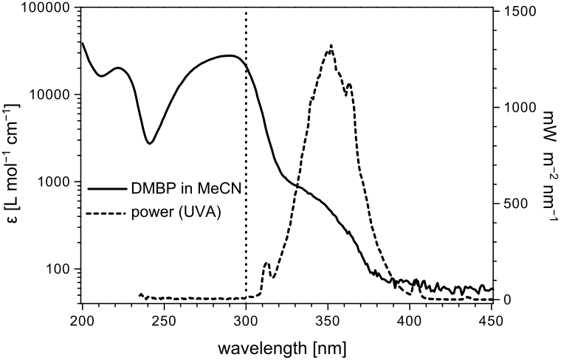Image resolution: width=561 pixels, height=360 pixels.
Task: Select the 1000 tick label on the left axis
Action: [x=52, y=182]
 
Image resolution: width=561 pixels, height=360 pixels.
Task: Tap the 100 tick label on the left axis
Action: [x=56, y=269]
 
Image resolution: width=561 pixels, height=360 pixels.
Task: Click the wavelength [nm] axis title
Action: [x=286, y=345]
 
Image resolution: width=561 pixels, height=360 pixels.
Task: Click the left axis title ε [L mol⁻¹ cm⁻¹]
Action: [x=16, y=155]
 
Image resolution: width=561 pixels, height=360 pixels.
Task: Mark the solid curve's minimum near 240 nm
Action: [x=149, y=143]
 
